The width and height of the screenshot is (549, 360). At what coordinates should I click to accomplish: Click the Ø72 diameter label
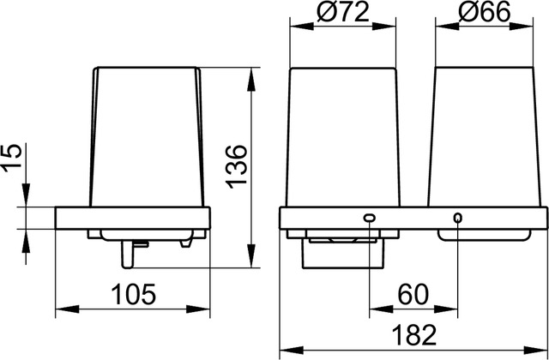coord(343,13)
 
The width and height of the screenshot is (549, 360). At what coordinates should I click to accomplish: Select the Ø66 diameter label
coord(484,13)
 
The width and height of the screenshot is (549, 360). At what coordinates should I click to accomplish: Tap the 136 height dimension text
coord(236,167)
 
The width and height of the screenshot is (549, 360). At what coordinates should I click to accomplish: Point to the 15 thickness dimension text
coord(12,158)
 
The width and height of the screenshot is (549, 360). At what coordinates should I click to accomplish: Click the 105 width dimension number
coord(133,295)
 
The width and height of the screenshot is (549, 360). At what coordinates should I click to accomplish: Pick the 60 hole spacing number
coord(413,295)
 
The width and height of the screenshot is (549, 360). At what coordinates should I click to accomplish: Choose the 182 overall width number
coord(413,335)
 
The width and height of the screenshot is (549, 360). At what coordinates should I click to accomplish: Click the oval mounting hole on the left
coord(370,218)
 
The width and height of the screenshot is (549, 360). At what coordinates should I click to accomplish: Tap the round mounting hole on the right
coord(457,218)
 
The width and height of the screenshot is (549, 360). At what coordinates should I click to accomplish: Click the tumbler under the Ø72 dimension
coord(343,137)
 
